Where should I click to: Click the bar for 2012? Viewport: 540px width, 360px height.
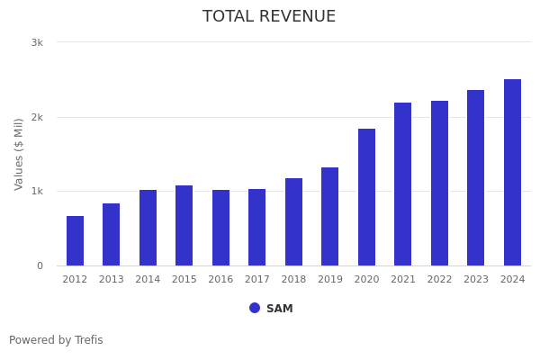click(75, 240)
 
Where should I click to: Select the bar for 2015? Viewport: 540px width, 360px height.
click(184, 225)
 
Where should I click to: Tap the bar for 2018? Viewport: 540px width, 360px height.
click(293, 221)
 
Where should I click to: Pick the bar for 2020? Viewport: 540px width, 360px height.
click(366, 197)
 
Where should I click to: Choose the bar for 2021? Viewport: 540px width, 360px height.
click(403, 184)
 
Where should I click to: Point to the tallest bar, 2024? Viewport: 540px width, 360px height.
click(512, 172)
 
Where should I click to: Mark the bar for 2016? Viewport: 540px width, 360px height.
click(220, 228)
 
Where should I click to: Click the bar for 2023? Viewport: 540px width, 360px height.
click(476, 177)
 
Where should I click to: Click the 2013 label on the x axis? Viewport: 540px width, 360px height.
click(111, 280)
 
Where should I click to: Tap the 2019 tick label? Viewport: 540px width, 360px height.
click(330, 280)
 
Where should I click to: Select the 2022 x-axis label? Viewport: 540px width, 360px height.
click(439, 280)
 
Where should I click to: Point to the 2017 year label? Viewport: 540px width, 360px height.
click(257, 280)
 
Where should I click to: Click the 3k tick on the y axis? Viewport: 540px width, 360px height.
click(37, 42)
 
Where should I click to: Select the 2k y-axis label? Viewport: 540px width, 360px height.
click(37, 117)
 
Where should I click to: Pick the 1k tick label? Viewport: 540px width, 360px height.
click(37, 192)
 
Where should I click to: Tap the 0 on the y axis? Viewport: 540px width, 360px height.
click(40, 265)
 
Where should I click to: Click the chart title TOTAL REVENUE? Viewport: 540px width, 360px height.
click(269, 17)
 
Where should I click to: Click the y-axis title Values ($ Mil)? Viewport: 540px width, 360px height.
click(19, 154)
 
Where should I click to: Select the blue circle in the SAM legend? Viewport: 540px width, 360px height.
click(255, 308)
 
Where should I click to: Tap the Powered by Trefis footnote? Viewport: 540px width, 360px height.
click(56, 340)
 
